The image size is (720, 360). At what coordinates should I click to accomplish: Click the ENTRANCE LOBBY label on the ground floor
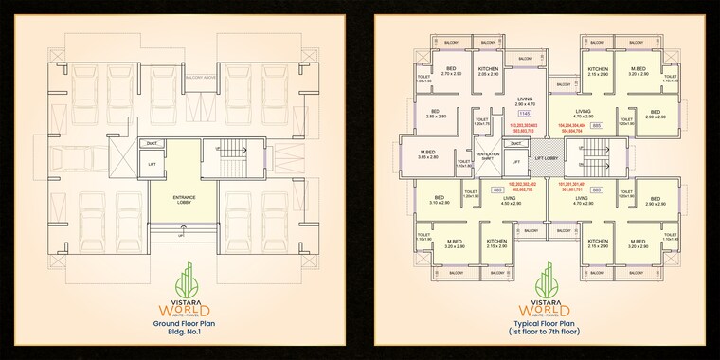pyautogui.click(x=184, y=199)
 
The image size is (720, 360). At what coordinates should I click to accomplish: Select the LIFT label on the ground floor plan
pyautogui.click(x=152, y=164)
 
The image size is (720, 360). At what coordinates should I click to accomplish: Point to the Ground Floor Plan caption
pyautogui.click(x=180, y=323)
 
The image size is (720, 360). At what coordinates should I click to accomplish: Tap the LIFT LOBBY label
pyautogui.click(x=546, y=157)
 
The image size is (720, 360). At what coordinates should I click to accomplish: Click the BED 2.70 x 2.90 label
pyautogui.click(x=451, y=71)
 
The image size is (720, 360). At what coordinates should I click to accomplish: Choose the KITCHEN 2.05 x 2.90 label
pyautogui.click(x=488, y=71)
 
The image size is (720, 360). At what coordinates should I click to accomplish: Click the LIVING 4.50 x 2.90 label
pyautogui.click(x=511, y=201)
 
